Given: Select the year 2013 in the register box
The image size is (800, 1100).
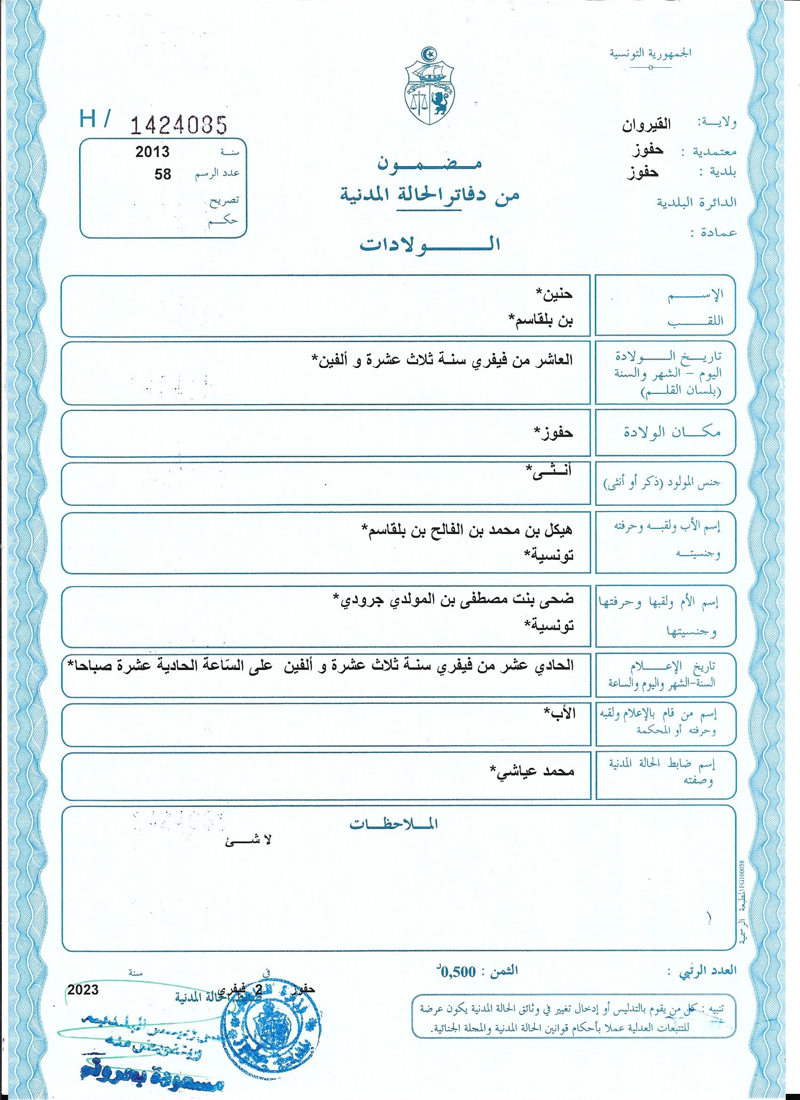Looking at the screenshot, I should tap(152, 152).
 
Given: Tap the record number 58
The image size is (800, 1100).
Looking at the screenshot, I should tap(162, 174).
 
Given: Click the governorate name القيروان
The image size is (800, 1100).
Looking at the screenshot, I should tap(647, 125).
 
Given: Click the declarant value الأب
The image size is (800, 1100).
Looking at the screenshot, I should tap(560, 713).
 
